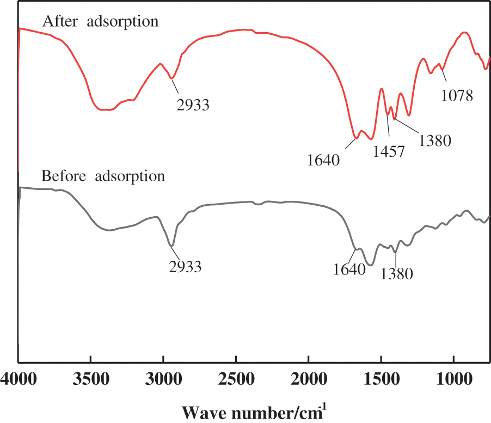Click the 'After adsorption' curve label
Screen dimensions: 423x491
[100, 22]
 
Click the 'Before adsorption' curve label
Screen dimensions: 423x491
[103, 176]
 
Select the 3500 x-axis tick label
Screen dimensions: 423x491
[90, 378]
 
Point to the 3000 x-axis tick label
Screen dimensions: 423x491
[163, 378]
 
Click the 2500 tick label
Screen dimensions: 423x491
[236, 378]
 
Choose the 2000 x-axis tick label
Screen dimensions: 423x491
[308, 378]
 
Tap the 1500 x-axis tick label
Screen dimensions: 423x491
[380, 378]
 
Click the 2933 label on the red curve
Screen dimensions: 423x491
[193, 104]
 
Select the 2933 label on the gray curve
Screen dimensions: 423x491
[185, 266]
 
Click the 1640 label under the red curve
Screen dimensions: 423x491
[323, 160]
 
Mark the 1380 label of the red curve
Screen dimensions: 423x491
[435, 141]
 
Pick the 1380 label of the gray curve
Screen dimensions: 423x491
[396, 274]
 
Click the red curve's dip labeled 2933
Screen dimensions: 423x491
[172, 78]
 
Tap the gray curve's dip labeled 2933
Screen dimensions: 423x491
[172, 246]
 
